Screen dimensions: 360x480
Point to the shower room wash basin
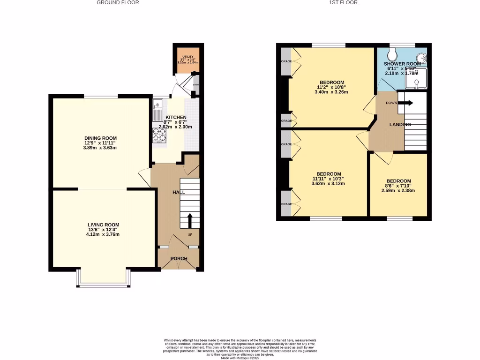pyautogui.click(x=423, y=59)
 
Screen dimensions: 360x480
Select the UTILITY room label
pyautogui.click(x=187, y=57)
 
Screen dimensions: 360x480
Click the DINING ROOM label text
pyautogui.click(x=101, y=138)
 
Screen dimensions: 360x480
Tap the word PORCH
pyautogui.click(x=179, y=259)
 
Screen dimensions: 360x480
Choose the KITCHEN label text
pyautogui.click(x=175, y=117)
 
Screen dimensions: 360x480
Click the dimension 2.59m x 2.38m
pyautogui.click(x=398, y=191)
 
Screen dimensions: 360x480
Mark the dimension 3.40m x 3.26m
pyautogui.click(x=331, y=92)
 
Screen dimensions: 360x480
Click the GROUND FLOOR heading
pyautogui.click(x=118, y=2)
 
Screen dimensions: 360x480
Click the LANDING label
pyautogui.click(x=400, y=125)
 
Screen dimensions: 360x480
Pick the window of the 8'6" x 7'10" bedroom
pyautogui.click(x=399, y=218)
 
